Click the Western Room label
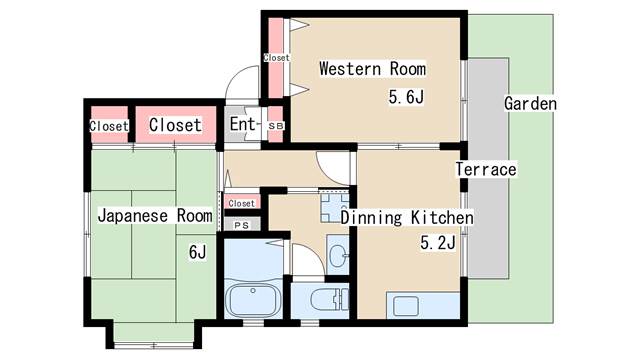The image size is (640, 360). pos(372,69)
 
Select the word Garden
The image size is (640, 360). pos(530,104)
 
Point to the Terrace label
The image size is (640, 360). pos(486,169)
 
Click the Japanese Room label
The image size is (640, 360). pos(154,215)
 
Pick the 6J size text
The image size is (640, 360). pos(197,252)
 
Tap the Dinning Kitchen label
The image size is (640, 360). pos(407,217)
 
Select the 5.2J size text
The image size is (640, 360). pos(438,242)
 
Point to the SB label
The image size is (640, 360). pos(276,126)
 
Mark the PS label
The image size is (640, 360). pos(241,226)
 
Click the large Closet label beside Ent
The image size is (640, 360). pos(175,125)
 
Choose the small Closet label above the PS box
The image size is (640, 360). pos(241,204)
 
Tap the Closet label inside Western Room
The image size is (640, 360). pos(276,58)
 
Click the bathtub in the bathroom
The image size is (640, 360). pos(253,299)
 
